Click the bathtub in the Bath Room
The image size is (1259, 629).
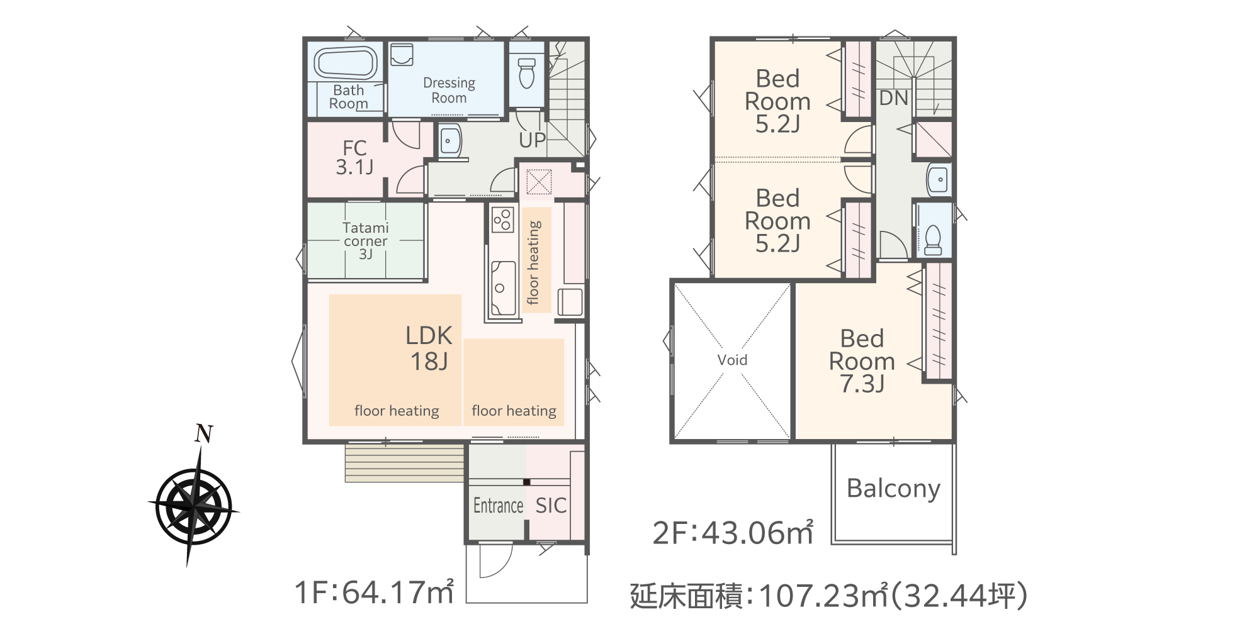point(346,63)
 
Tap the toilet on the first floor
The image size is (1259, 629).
point(526,73)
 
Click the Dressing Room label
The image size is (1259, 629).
point(449,90)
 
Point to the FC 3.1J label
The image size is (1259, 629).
point(354,157)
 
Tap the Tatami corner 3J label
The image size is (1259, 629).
point(366,241)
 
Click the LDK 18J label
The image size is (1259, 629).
point(429,348)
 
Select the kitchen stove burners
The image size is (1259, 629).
point(502,219)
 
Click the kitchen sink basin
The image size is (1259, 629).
point(503,288)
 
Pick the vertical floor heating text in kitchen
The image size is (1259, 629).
point(534,262)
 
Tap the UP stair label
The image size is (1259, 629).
point(533,140)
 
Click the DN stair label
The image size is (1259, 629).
point(894,98)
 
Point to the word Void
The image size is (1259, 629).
point(732,360)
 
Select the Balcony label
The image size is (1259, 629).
point(893,489)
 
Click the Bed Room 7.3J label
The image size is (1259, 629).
point(862,361)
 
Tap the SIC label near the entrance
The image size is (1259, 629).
point(551,505)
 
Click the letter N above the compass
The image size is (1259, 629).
point(203,434)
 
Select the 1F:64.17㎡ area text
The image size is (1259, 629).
point(375,592)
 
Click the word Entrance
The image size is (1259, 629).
point(498,505)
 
